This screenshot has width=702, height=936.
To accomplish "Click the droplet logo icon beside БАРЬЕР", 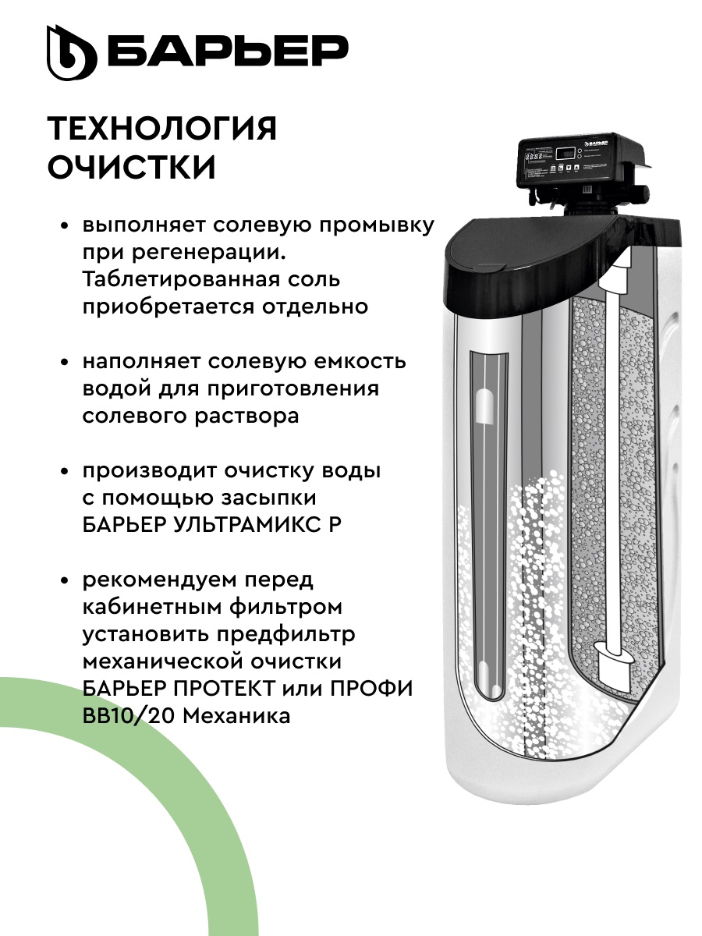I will click(71, 53).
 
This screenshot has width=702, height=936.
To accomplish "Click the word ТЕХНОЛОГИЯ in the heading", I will click(162, 129).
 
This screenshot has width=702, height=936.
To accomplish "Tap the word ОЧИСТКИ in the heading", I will click(132, 168).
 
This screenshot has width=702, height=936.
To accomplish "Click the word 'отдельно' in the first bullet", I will click(317, 306).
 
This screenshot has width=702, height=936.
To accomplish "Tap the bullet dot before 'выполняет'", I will click(66, 227).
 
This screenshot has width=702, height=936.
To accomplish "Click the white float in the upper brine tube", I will click(483, 406).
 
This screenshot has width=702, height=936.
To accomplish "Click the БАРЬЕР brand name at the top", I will click(227, 51).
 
